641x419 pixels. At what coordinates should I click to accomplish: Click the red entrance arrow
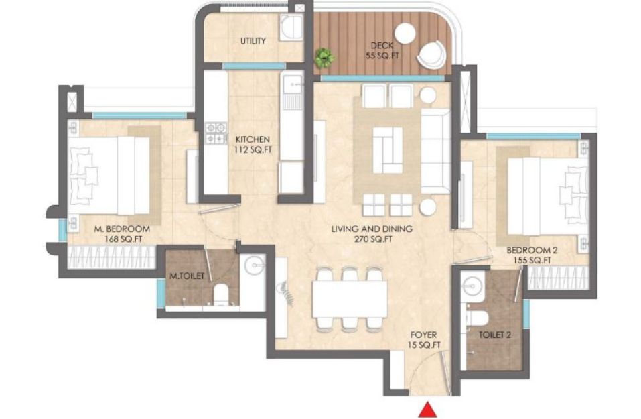pyautogui.click(x=428, y=410)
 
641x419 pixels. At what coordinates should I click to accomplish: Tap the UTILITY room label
pyautogui.click(x=253, y=41)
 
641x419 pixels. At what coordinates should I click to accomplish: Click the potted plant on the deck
pyautogui.click(x=325, y=58)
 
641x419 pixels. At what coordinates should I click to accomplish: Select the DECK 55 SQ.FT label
pyautogui.click(x=382, y=51)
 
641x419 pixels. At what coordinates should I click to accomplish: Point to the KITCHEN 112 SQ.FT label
pyautogui.click(x=253, y=145)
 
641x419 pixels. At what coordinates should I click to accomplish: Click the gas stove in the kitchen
pyautogui.click(x=216, y=133)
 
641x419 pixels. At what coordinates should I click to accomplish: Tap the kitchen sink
pyautogui.click(x=292, y=86)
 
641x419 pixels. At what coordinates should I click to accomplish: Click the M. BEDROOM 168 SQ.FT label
pyautogui.click(x=122, y=234)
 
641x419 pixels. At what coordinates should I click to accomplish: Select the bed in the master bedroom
pyautogui.click(x=109, y=176)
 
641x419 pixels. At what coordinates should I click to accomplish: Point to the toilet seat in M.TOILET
pyautogui.click(x=221, y=294)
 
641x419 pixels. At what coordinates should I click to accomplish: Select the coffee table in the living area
pyautogui.click(x=388, y=150)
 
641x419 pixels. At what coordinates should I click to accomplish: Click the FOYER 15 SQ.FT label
pyautogui.click(x=424, y=340)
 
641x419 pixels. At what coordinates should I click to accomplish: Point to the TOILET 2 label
pyautogui.click(x=495, y=335)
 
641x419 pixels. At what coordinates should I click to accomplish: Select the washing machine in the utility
pyautogui.click(x=291, y=28)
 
